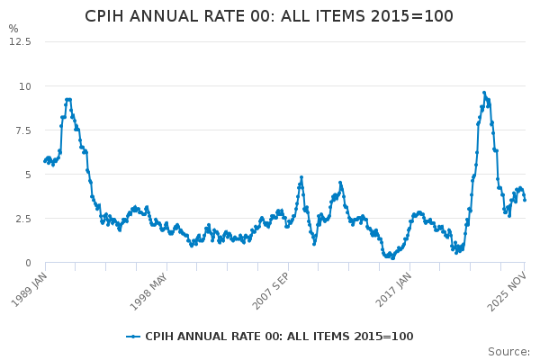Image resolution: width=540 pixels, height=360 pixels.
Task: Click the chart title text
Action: coord(269,16)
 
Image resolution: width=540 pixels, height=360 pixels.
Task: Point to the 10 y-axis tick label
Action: coord(26,86)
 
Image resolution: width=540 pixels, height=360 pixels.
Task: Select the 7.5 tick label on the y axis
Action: coord(22,130)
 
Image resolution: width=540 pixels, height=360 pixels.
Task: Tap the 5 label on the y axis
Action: coord(28,175)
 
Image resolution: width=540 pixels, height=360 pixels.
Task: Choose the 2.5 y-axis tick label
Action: coord(22,219)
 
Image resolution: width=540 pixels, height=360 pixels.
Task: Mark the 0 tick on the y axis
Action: coord(28,263)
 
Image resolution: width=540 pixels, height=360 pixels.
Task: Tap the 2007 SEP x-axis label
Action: coord(269,290)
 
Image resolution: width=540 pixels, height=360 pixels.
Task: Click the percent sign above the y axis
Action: coord(13,29)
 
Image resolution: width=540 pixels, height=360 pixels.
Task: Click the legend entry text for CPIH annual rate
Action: coord(279,337)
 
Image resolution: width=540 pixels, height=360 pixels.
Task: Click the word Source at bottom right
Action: coord(508,352)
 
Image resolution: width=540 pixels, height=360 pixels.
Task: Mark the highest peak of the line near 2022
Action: coord(484,93)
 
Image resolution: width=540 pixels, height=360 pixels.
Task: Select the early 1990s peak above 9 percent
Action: coord(67,100)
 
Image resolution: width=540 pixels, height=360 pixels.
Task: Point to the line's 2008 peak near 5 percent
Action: coord(301,177)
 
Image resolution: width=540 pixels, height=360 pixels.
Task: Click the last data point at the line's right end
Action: coord(525,200)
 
